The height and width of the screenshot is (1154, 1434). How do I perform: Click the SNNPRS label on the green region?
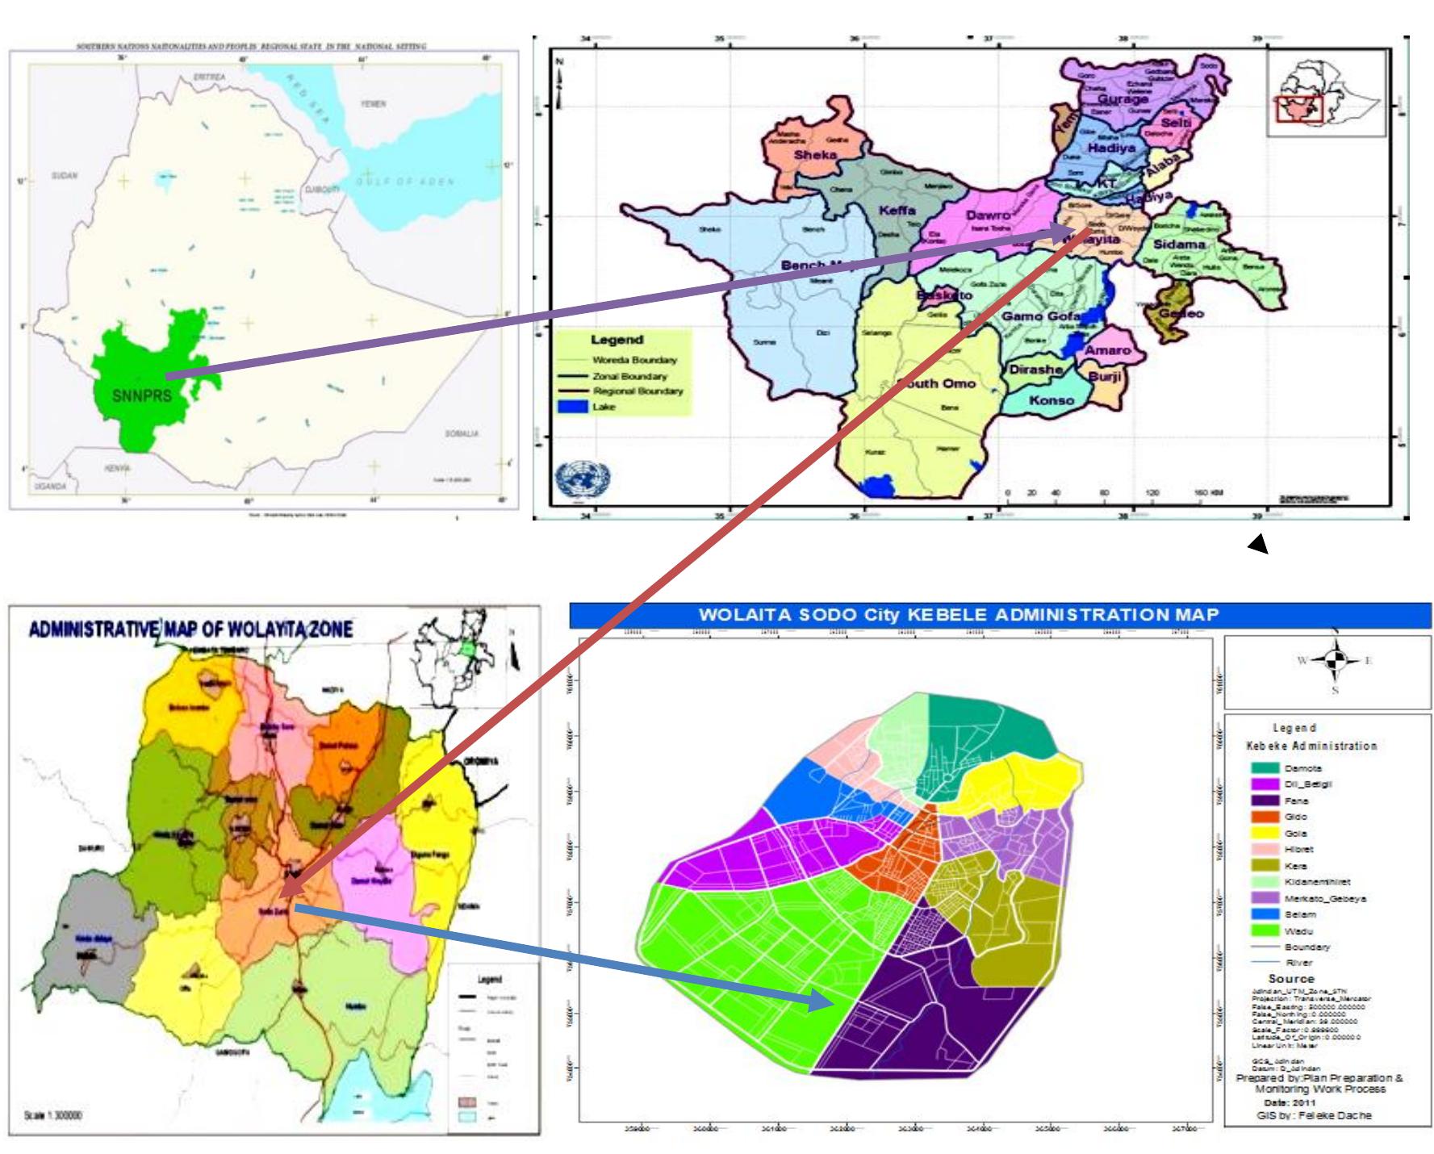(143, 396)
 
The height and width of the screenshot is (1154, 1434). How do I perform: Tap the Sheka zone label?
(815, 156)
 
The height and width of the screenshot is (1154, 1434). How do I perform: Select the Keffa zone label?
(897, 211)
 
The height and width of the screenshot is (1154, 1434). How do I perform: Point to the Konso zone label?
(1051, 400)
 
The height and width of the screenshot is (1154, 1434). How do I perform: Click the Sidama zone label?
(1179, 244)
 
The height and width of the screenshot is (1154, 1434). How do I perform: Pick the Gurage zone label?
(1122, 99)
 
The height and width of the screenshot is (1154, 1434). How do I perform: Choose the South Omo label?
(939, 383)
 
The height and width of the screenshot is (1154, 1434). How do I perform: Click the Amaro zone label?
(1107, 351)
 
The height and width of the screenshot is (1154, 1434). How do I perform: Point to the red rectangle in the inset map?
(1299, 108)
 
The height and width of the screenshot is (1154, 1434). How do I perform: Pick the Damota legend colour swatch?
(1265, 768)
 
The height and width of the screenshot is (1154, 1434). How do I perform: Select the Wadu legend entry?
(1298, 930)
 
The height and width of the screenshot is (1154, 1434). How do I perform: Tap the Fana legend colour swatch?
(1265, 801)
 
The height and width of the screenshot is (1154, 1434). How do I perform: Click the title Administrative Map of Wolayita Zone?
(191, 630)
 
